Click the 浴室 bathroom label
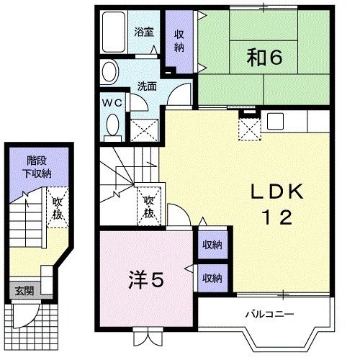144,32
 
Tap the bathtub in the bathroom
113,34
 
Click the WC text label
112,103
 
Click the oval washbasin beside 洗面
109,73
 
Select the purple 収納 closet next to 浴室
179,43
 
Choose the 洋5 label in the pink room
145,277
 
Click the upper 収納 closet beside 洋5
212,245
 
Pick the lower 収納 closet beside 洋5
212,278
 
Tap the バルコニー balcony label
268,315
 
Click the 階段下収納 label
35,166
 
